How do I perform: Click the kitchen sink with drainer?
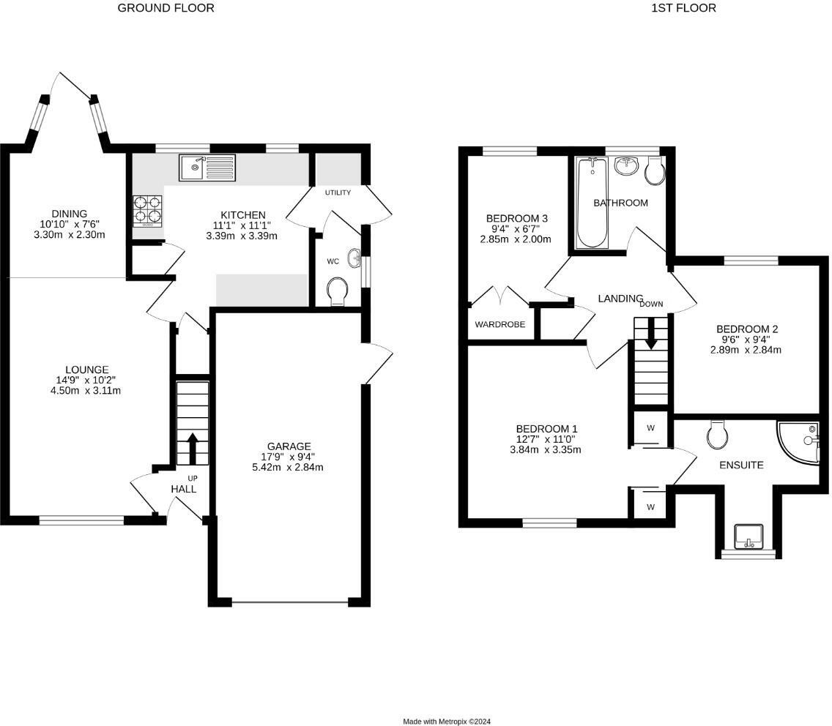(207, 168)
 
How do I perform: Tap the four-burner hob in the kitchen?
(147, 211)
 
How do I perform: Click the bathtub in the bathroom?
(593, 203)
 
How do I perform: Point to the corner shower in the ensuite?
(800, 443)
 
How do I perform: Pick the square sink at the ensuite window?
(749, 536)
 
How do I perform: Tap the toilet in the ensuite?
(716, 435)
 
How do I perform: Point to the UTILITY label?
(338, 192)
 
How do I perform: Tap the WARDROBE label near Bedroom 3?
(499, 324)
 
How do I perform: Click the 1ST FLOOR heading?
(683, 8)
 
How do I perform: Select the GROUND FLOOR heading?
(166, 8)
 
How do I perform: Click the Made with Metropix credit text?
(446, 721)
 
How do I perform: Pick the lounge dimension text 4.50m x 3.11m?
(86, 391)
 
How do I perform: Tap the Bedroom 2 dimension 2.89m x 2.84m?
(746, 350)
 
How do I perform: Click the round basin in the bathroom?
(627, 165)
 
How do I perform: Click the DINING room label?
(69, 214)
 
